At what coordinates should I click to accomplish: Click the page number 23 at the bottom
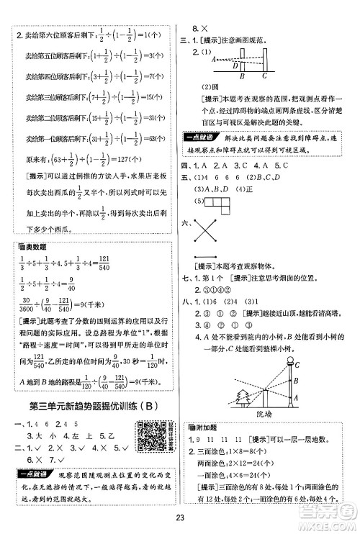[180, 520]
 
